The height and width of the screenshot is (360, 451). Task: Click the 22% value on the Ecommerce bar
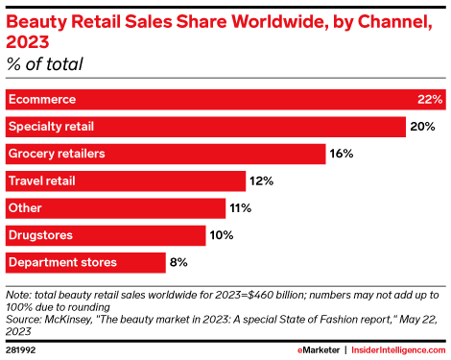coord(430,100)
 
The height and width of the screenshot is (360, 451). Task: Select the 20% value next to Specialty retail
coord(422,127)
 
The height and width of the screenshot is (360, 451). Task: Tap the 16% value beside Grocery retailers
coord(343,154)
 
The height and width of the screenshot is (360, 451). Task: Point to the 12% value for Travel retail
coord(261,180)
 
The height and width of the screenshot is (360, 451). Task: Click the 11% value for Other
coord(241,207)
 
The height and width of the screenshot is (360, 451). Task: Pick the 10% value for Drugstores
coord(222,234)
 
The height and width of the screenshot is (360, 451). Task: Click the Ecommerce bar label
coord(41,100)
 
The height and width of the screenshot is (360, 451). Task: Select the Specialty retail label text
coord(51,127)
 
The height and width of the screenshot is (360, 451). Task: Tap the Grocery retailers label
coord(56,154)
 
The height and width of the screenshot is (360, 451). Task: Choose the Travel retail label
coord(41,180)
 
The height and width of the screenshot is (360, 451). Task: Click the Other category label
coord(24,207)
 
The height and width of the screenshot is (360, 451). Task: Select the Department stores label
coord(62,261)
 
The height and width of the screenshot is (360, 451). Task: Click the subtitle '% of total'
coord(45,64)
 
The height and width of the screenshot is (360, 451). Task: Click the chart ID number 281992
coord(23,348)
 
